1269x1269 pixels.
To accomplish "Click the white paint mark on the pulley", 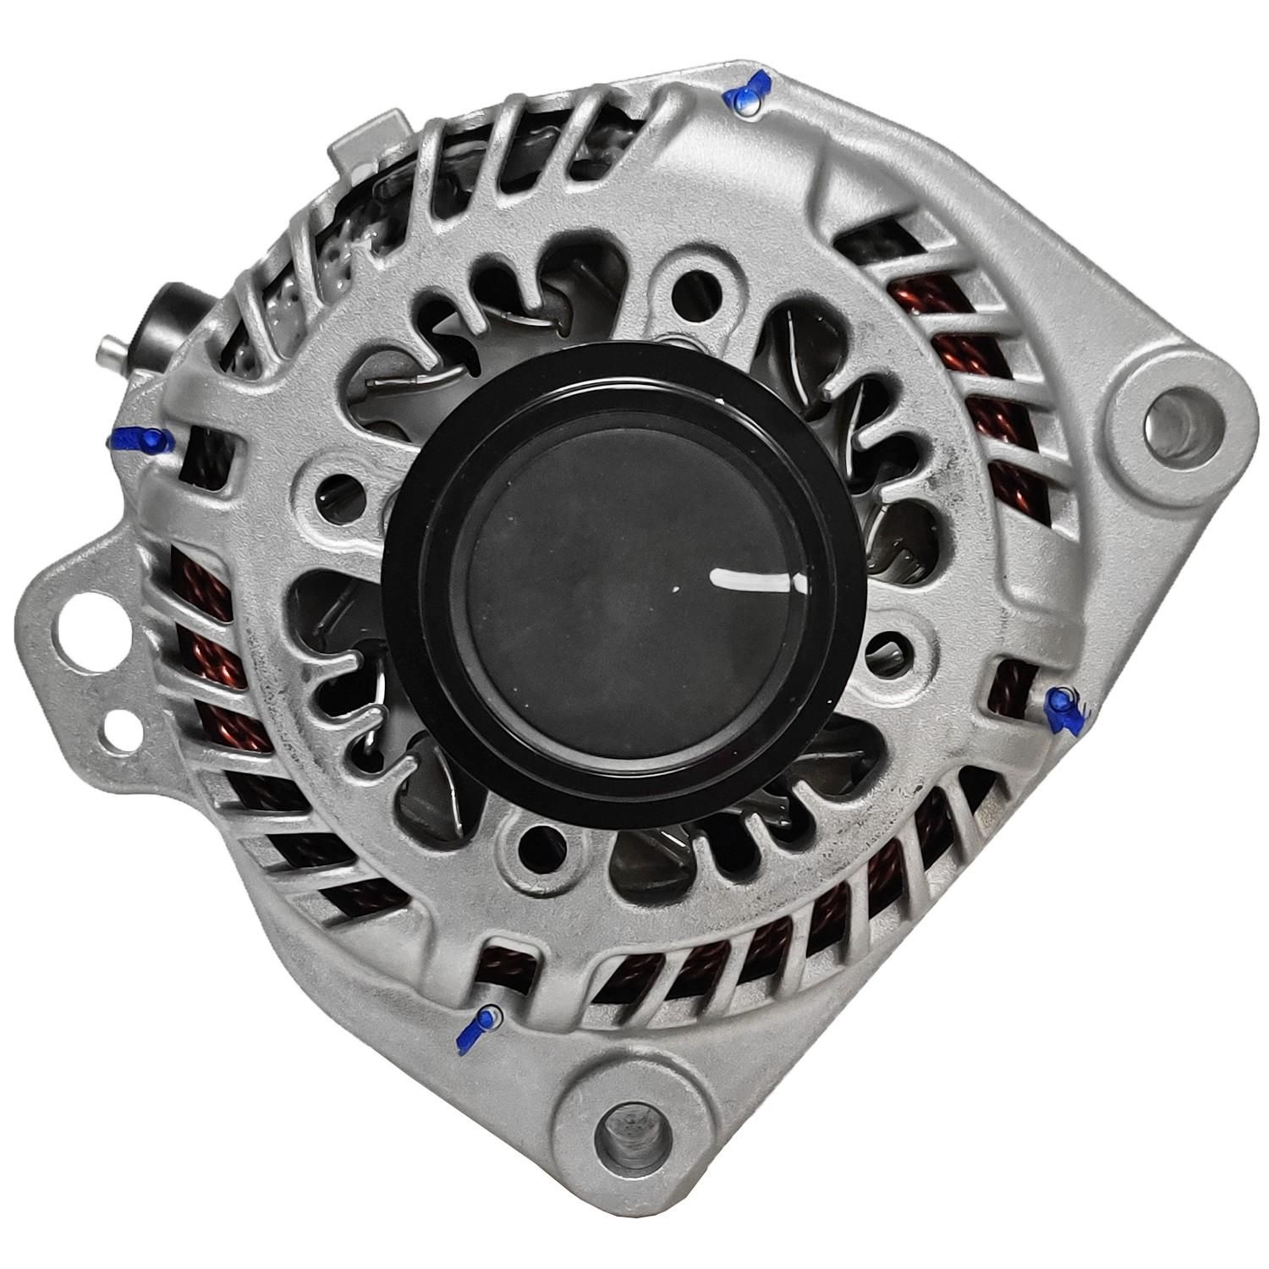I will click(749, 581).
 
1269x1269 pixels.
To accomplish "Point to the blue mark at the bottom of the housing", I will click(478, 1028).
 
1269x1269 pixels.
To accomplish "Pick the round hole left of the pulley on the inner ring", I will click(332, 495).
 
